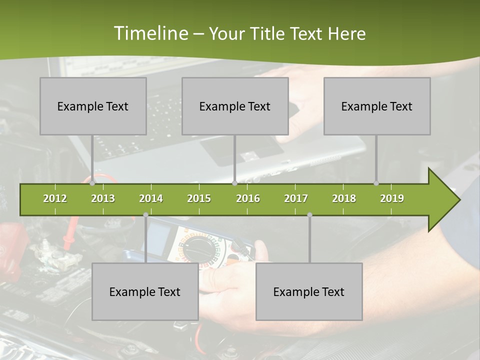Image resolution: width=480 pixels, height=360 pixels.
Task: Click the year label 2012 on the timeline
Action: (55, 198)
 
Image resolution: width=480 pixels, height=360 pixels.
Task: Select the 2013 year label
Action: (103, 198)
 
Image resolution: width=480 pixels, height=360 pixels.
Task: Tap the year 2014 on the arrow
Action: (151, 198)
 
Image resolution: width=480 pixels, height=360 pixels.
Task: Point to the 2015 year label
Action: (199, 198)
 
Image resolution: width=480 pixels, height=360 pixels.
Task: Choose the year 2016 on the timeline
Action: (248, 198)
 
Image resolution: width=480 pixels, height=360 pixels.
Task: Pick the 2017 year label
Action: (296, 198)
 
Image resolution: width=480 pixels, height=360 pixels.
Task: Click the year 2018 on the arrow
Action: (344, 198)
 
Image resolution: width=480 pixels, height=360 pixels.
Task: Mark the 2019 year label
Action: (392, 198)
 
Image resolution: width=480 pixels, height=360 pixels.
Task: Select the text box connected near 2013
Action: (93, 106)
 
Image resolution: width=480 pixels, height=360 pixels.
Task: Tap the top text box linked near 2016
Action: (235, 106)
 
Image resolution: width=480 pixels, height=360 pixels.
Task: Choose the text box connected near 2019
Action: (377, 106)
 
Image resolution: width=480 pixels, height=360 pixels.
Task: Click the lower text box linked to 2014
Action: (145, 291)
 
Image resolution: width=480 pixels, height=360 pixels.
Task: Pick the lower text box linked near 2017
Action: (309, 291)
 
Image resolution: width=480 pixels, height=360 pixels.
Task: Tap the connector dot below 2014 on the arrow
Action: (145, 215)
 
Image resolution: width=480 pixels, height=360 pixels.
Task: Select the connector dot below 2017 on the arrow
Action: (309, 215)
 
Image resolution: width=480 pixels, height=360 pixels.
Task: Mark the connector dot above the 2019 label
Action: (376, 183)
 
